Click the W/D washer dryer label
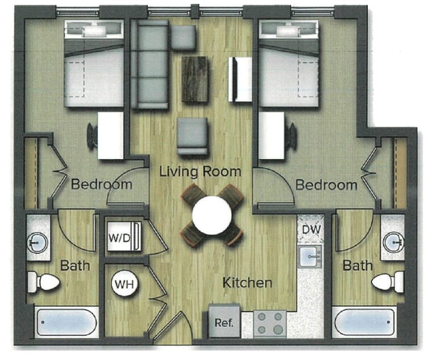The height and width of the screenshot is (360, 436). [x=119, y=238]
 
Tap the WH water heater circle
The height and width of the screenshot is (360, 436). [x=124, y=284]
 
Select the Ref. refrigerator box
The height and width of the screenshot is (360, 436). [x=224, y=322]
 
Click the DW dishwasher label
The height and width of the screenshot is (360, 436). [x=311, y=230]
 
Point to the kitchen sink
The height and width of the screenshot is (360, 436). [x=310, y=256]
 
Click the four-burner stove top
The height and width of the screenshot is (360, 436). [x=270, y=324]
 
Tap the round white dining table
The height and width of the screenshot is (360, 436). [x=212, y=215]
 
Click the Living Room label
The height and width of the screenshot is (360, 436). [x=200, y=171]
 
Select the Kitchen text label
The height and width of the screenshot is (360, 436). [x=247, y=283]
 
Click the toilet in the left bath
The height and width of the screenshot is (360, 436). [x=44, y=282]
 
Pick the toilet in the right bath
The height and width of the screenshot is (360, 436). [x=388, y=282]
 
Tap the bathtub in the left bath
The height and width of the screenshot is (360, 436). [x=67, y=323]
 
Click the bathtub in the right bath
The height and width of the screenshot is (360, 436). [x=364, y=323]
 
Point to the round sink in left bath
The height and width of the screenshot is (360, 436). [x=37, y=243]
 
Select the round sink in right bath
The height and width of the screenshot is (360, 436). [x=393, y=243]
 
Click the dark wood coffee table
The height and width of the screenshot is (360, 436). [x=195, y=80]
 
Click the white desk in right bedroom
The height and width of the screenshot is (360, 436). [x=272, y=135]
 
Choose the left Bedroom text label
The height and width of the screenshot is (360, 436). [x=101, y=184]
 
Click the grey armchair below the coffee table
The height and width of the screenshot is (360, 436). [x=192, y=136]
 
